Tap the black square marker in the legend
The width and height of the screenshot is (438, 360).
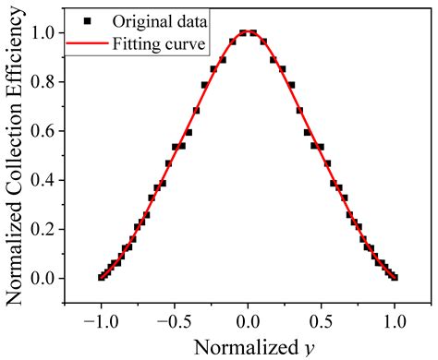pyautogui.click(x=85, y=19)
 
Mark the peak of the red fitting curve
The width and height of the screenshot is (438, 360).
pyautogui.click(x=248, y=33)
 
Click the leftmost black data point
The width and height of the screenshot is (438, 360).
pyautogui.click(x=102, y=277)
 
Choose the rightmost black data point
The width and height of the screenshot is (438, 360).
pyautogui.click(x=395, y=277)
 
